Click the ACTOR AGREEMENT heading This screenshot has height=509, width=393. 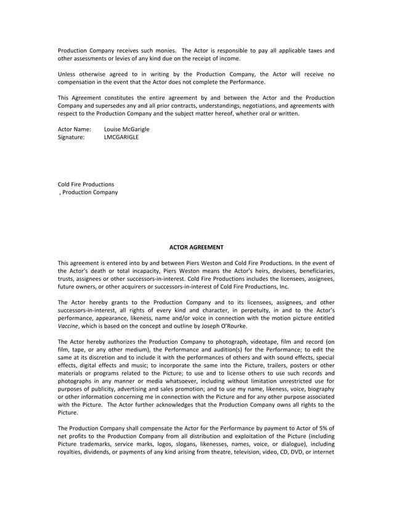click(x=196, y=247)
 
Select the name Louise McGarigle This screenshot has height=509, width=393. click(x=126, y=129)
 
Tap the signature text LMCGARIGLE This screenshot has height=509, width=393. click(x=121, y=137)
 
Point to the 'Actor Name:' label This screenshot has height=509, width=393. click(x=74, y=129)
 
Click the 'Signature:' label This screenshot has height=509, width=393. click(x=71, y=137)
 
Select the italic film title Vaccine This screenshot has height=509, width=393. click(x=68, y=326)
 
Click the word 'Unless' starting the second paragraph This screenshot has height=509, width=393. click(x=67, y=74)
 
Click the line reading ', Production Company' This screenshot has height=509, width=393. click(x=88, y=192)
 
